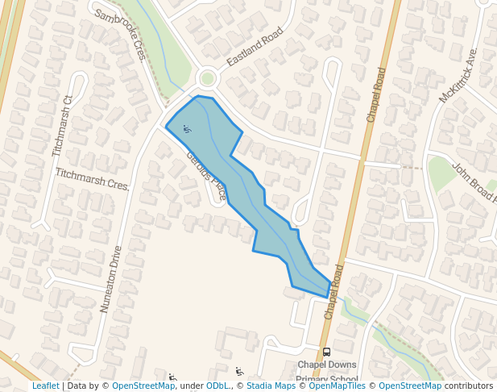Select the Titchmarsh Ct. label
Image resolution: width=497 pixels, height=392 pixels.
tap(63, 127)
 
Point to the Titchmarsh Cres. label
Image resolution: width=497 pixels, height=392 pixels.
tap(93, 179)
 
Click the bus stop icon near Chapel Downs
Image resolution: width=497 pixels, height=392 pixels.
tap(326, 352)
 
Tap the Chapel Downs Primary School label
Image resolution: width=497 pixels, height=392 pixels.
tap(326, 372)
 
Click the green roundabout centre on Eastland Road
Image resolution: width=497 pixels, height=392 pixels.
tap(208, 78)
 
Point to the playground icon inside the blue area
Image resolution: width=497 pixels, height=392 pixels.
tap(187, 128)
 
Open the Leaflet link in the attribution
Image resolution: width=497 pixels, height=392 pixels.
tap(45, 386)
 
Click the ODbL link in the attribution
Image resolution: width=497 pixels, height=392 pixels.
tap(217, 386)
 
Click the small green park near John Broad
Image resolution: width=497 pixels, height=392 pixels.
tap(441, 172)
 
